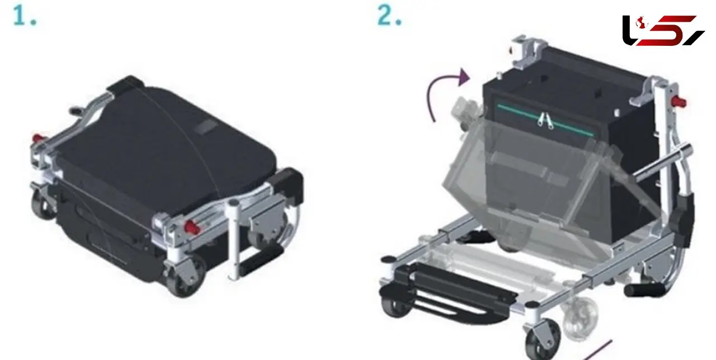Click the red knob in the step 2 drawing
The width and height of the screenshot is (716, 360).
[x=679, y=102]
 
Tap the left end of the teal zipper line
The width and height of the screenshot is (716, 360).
[x=497, y=106]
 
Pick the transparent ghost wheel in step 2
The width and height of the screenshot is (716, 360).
[x=580, y=318]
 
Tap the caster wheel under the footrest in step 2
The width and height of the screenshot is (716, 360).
[x=397, y=307]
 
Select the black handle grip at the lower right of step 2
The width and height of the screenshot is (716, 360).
[x=644, y=290]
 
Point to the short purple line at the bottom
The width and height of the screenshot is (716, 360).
[x=599, y=350]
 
